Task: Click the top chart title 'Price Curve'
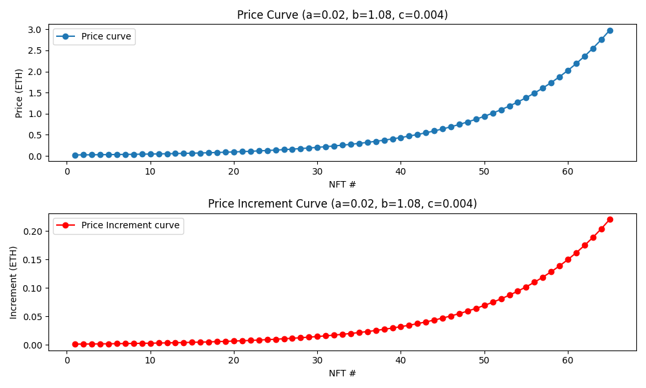pyautogui.click(x=342, y=15)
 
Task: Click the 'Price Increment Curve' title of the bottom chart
pyautogui.click(x=342, y=204)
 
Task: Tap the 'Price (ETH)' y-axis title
pyautogui.click(x=19, y=93)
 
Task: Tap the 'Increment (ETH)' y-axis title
pyautogui.click(x=14, y=282)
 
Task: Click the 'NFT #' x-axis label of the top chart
pyautogui.click(x=342, y=184)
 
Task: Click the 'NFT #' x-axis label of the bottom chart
pyautogui.click(x=342, y=373)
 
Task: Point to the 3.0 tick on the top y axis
pyautogui.click(x=36, y=30)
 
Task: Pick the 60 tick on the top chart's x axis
pyautogui.click(x=568, y=171)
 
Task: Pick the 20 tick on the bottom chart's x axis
pyautogui.click(x=233, y=360)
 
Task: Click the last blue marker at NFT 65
pyautogui.click(x=610, y=30)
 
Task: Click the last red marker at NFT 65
pyautogui.click(x=610, y=219)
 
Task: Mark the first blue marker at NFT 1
pyautogui.click(x=75, y=155)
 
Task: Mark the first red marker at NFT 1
pyautogui.click(x=75, y=344)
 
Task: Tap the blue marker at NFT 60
pyautogui.click(x=568, y=70)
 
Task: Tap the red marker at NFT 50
pyautogui.click(x=484, y=305)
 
